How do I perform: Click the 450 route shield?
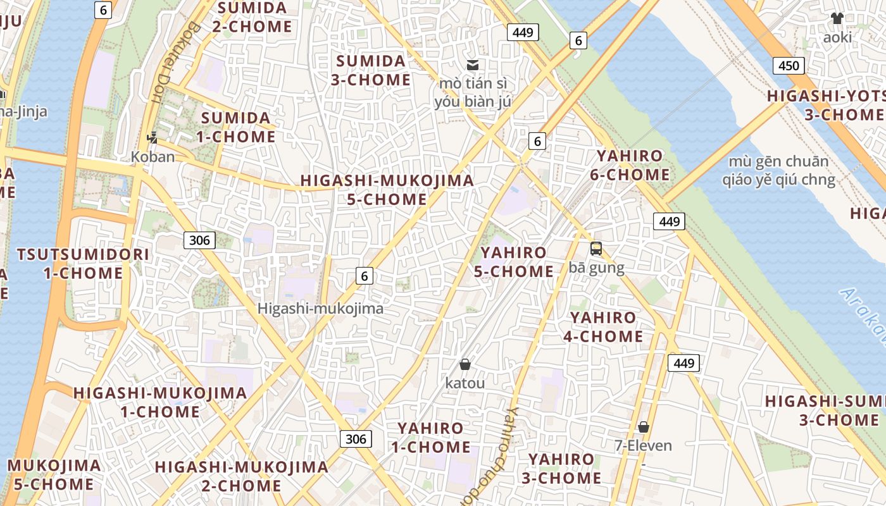788,66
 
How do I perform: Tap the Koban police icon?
152,137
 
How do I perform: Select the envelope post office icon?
473,65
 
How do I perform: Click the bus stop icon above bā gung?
596,249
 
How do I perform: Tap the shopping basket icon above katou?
465,364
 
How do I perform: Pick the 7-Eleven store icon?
644,427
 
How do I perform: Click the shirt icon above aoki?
837,18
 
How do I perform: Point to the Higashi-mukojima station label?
320,309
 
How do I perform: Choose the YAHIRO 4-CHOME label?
603,326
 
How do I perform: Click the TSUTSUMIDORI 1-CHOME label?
83,264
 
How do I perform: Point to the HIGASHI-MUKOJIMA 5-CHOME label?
387,189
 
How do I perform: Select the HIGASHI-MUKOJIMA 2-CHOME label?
242,476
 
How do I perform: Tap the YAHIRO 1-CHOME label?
430,437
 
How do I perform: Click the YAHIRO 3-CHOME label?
561,468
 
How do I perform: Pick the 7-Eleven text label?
644,445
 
